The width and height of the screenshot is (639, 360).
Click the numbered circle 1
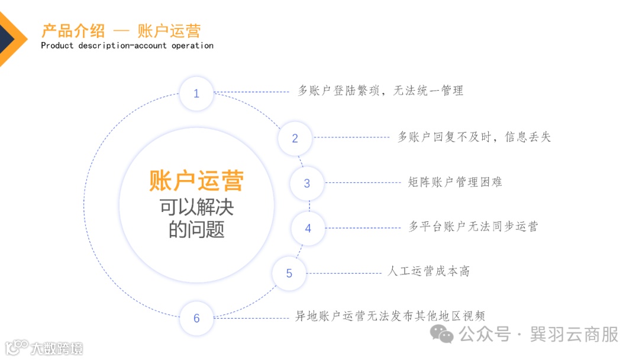pyautogui.click(x=196, y=94)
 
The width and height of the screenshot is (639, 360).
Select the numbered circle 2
pyautogui.click(x=295, y=139)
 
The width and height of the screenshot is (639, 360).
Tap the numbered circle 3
pyautogui.click(x=307, y=184)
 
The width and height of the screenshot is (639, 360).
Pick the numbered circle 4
pyautogui.click(x=308, y=229)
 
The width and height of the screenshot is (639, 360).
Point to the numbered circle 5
pyautogui.click(x=289, y=274)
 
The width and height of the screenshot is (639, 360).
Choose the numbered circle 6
pyautogui.click(x=196, y=319)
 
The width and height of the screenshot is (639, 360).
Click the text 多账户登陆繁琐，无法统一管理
pyautogui.click(x=380, y=91)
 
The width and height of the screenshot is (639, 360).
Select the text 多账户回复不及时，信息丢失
pyautogui.click(x=474, y=137)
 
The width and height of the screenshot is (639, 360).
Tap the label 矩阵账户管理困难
pyautogui.click(x=455, y=182)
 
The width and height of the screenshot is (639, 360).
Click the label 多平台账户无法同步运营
pyautogui.click(x=473, y=226)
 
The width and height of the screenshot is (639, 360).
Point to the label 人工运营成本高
pyautogui.click(x=429, y=271)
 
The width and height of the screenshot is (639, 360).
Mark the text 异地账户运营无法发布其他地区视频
pyautogui.click(x=390, y=316)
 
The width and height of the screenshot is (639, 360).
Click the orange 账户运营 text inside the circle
pyautogui.click(x=196, y=181)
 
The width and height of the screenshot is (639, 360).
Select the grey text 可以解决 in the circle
pyautogui.click(x=196, y=207)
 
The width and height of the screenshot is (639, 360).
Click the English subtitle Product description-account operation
pyautogui.click(x=127, y=46)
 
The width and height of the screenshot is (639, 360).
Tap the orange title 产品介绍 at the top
pyautogui.click(x=73, y=30)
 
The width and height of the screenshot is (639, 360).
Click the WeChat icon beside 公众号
pyautogui.click(x=442, y=334)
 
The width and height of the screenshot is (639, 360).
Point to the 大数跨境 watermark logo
pyautogui.click(x=44, y=348)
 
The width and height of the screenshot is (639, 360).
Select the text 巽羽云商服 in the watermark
pyautogui.click(x=575, y=334)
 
